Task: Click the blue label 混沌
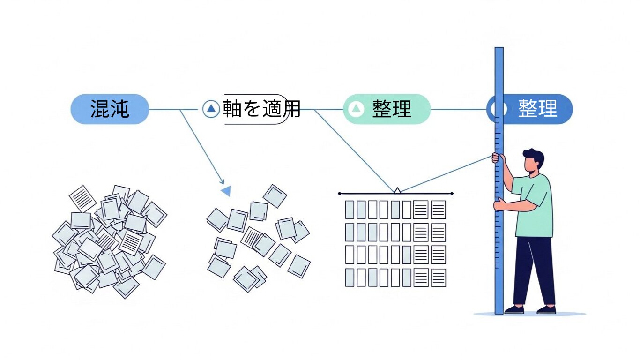point(110,109)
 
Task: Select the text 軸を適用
point(261,109)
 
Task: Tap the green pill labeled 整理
point(387,109)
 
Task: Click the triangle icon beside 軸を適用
point(211,109)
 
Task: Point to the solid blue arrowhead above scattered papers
point(226,191)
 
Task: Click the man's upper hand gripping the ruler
point(496,158)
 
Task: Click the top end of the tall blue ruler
point(499,50)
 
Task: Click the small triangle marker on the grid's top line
point(397,190)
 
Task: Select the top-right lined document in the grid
point(438,210)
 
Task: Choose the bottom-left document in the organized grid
point(350,277)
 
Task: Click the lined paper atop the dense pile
point(83,198)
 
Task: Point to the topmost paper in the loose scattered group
point(275,196)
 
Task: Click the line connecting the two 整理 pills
point(458,109)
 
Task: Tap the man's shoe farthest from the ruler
point(546,310)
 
